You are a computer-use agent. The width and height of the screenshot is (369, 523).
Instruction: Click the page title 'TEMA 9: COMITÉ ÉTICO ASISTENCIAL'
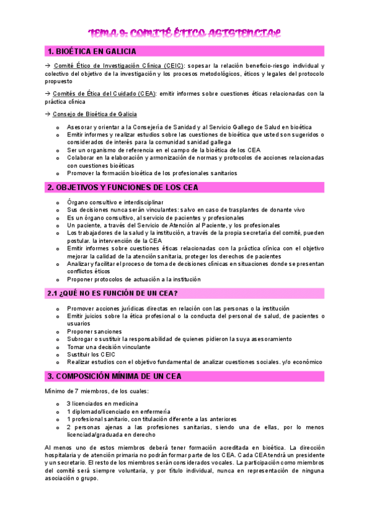[184, 32]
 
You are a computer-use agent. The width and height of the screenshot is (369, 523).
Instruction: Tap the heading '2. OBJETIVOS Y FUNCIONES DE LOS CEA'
[123, 187]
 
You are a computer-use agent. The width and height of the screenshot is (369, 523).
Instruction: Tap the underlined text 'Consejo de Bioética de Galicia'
[95, 114]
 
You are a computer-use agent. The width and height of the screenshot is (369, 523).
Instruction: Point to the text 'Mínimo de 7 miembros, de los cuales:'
[95, 391]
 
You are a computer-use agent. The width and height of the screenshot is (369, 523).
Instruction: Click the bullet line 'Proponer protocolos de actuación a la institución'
[134, 279]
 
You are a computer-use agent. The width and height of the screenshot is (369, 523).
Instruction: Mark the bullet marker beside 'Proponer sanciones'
[57, 332]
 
